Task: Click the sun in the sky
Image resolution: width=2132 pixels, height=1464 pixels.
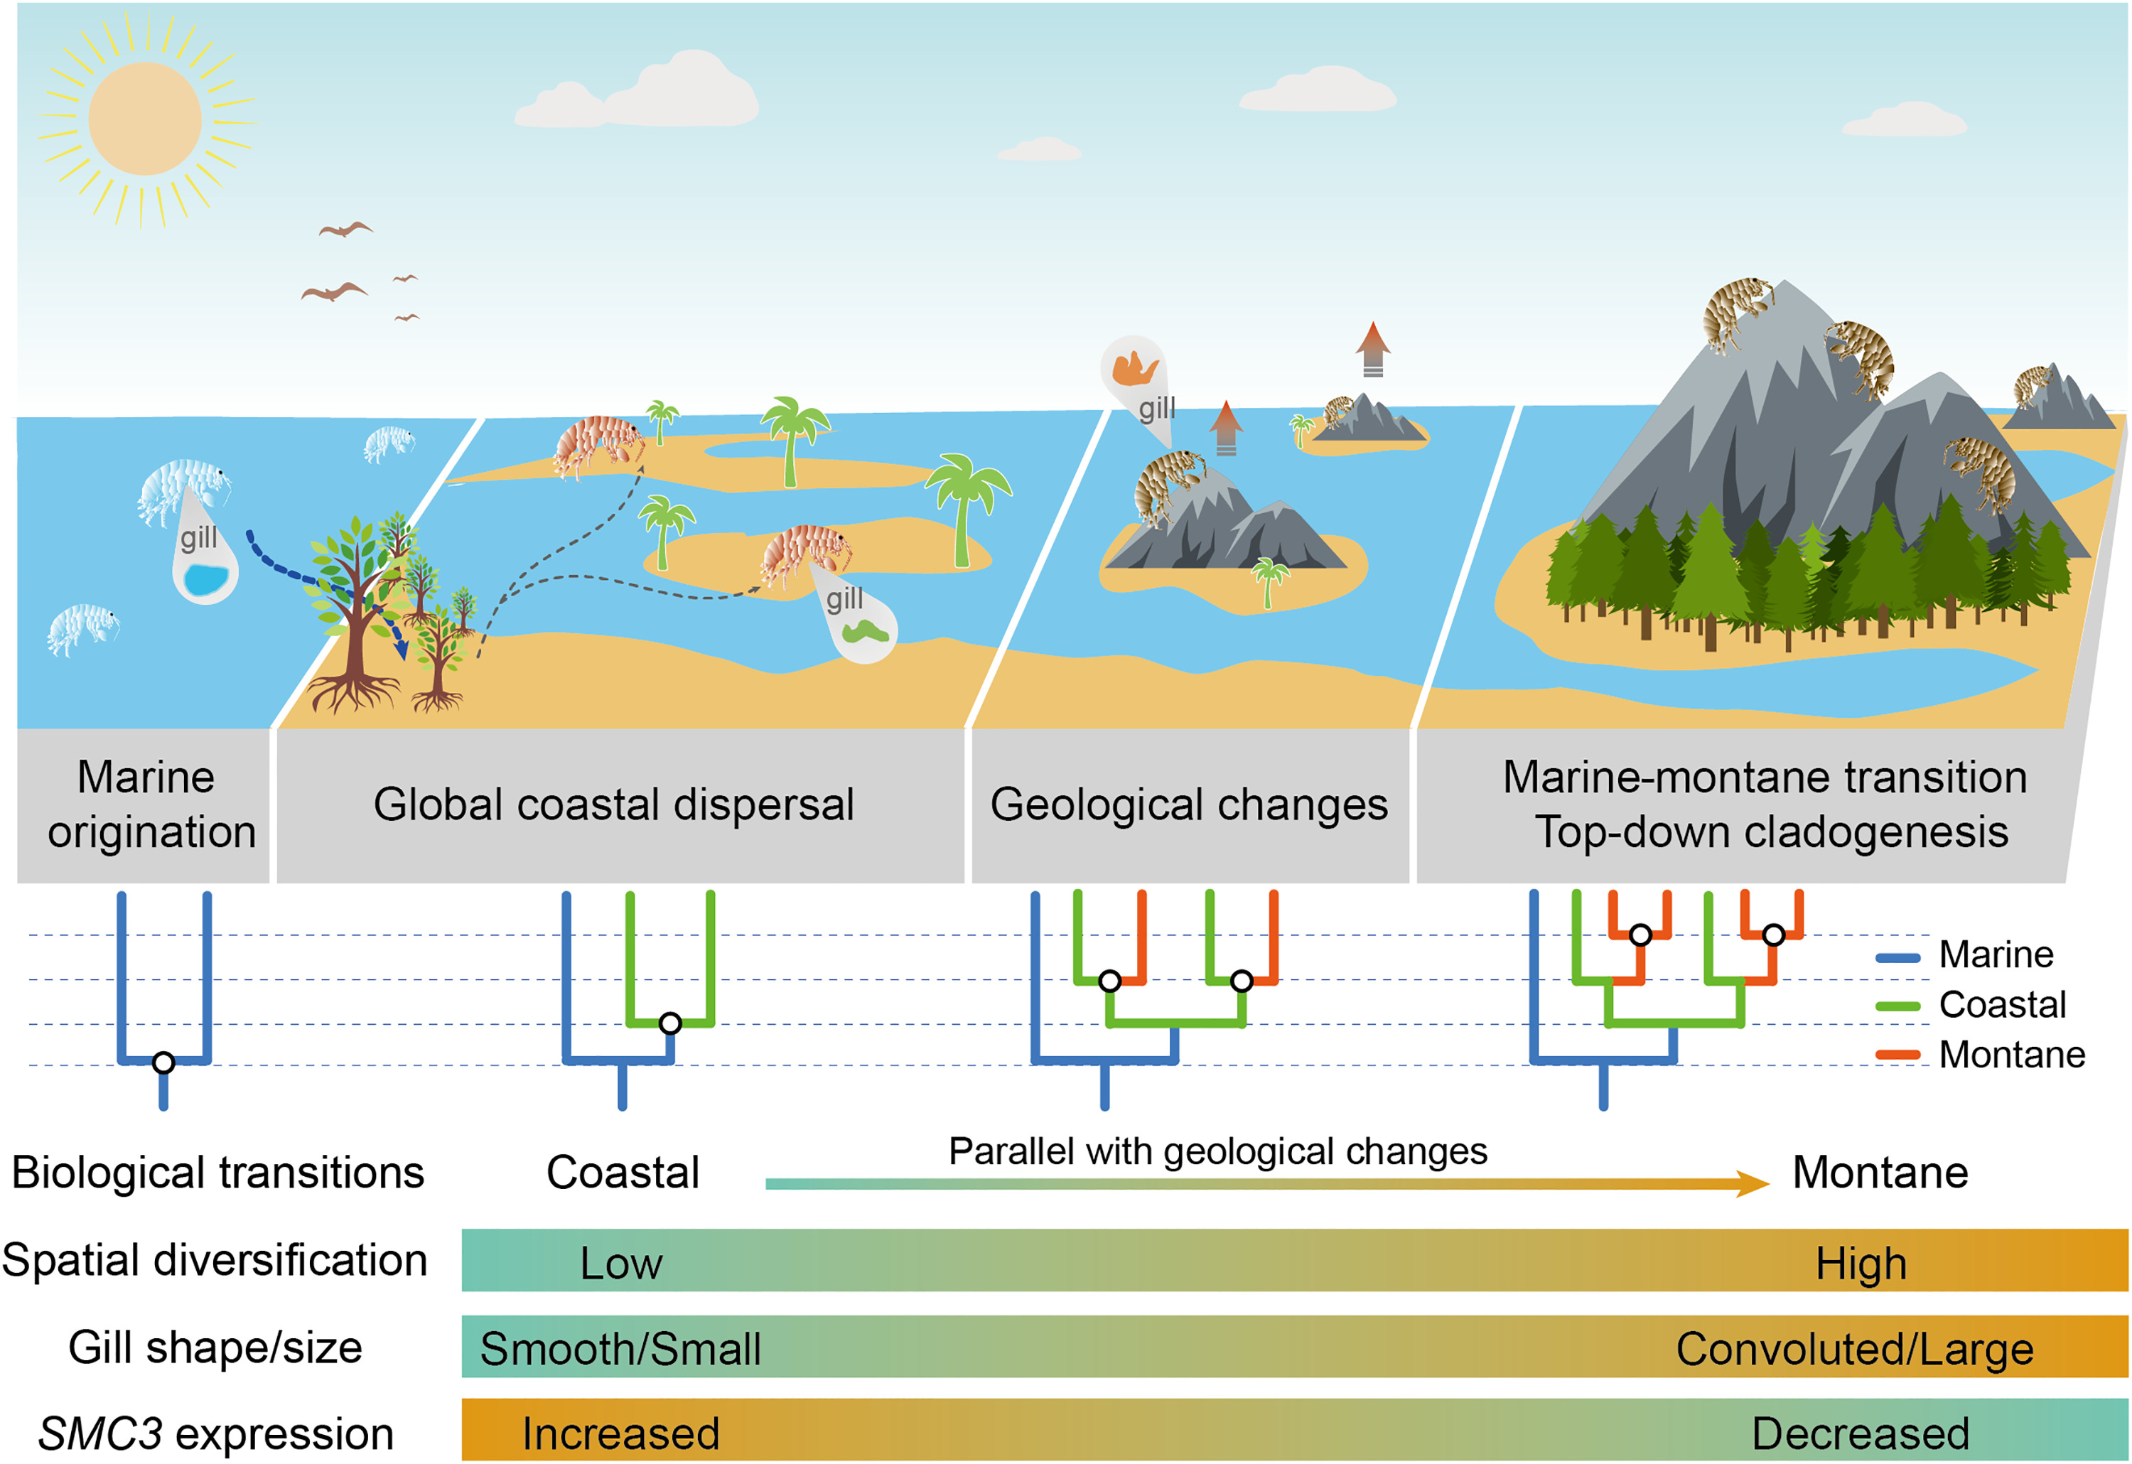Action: [145, 119]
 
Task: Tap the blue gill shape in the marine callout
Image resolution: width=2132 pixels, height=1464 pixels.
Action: [205, 580]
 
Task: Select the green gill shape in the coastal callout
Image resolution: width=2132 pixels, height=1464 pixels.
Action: [865, 632]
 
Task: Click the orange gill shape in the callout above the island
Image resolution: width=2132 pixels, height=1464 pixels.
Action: [1134, 369]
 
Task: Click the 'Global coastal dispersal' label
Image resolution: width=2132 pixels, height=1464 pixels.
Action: [614, 804]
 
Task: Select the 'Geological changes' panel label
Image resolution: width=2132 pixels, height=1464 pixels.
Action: [1189, 804]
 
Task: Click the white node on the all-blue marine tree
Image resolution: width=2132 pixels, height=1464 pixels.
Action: [163, 1062]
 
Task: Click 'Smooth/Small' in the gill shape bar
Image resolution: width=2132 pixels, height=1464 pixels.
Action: [620, 1348]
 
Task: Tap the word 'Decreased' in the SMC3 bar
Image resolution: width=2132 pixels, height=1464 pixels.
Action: [1860, 1433]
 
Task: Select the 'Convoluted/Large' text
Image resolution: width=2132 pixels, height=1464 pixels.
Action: [1854, 1348]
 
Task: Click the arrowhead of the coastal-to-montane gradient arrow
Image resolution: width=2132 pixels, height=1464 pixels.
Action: [1753, 1183]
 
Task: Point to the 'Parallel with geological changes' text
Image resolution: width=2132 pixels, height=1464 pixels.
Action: [1217, 1151]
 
